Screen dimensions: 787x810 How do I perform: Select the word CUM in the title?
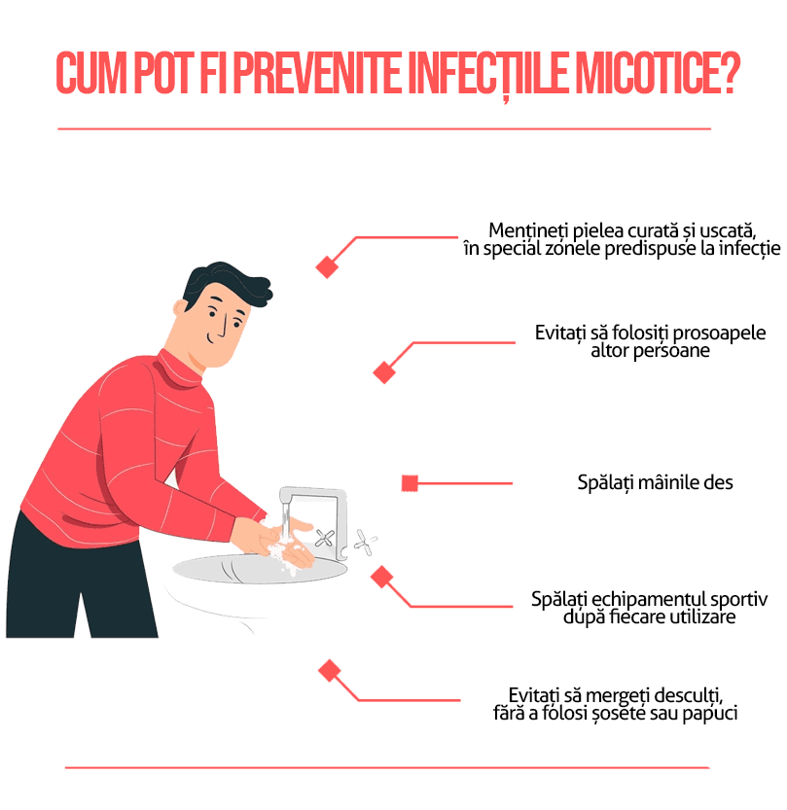tap(90, 74)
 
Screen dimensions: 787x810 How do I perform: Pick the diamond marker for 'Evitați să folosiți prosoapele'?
tap(385, 371)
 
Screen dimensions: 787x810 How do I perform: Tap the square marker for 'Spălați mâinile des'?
tap(410, 482)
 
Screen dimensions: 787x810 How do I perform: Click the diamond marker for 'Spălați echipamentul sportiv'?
tap(381, 578)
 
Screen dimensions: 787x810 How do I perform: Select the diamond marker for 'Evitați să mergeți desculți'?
tap(330, 670)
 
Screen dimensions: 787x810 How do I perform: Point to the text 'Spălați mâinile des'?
tap(655, 482)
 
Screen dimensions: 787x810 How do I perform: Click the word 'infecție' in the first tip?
tap(749, 249)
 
